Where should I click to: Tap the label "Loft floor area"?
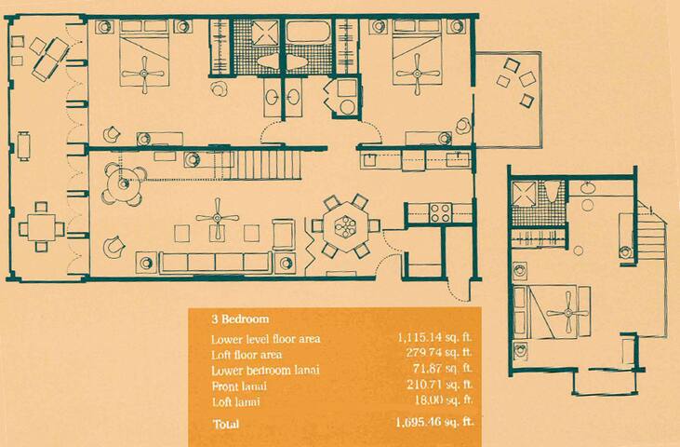(248, 354)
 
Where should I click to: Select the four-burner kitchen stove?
(439, 211)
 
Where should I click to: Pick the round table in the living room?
(122, 183)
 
